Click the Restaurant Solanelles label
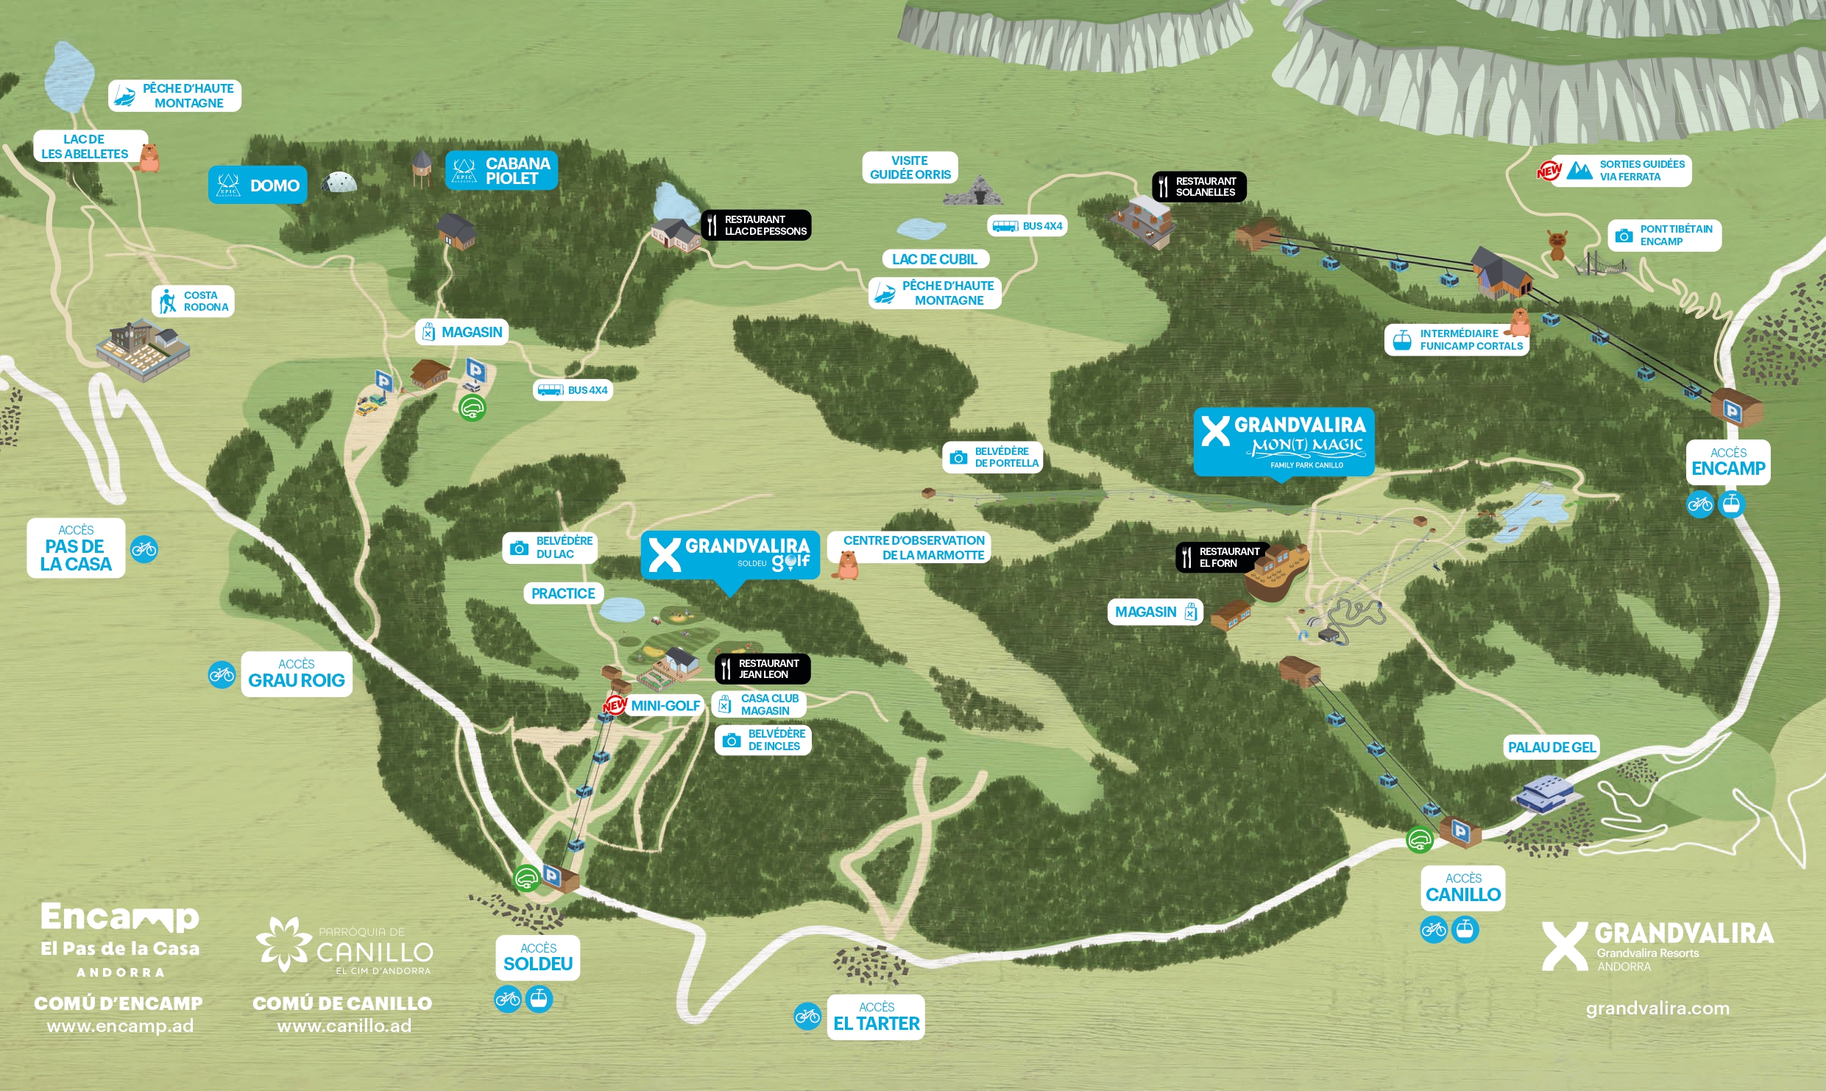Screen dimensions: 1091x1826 tap(1199, 187)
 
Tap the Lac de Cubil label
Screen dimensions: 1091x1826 tap(935, 259)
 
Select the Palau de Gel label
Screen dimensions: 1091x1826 tap(1551, 747)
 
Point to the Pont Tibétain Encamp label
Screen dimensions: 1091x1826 tap(1664, 236)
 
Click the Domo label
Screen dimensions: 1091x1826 tap(258, 186)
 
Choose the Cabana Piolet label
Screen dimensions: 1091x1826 tap(501, 171)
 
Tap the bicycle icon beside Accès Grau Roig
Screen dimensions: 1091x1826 tap(222, 674)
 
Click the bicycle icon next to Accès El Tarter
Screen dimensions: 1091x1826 tap(807, 1017)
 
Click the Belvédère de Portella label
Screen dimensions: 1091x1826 tap(993, 457)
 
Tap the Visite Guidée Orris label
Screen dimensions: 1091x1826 tap(910, 168)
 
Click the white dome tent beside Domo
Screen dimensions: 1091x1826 tap(339, 182)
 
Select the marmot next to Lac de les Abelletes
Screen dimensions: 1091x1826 tap(149, 157)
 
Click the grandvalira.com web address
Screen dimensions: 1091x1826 tap(1657, 1008)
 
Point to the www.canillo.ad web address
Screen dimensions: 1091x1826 tap(344, 1025)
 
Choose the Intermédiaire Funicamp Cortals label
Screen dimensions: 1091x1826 tap(1457, 340)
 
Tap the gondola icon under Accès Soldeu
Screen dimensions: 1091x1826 tap(539, 999)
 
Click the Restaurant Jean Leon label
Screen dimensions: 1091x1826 tap(762, 668)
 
